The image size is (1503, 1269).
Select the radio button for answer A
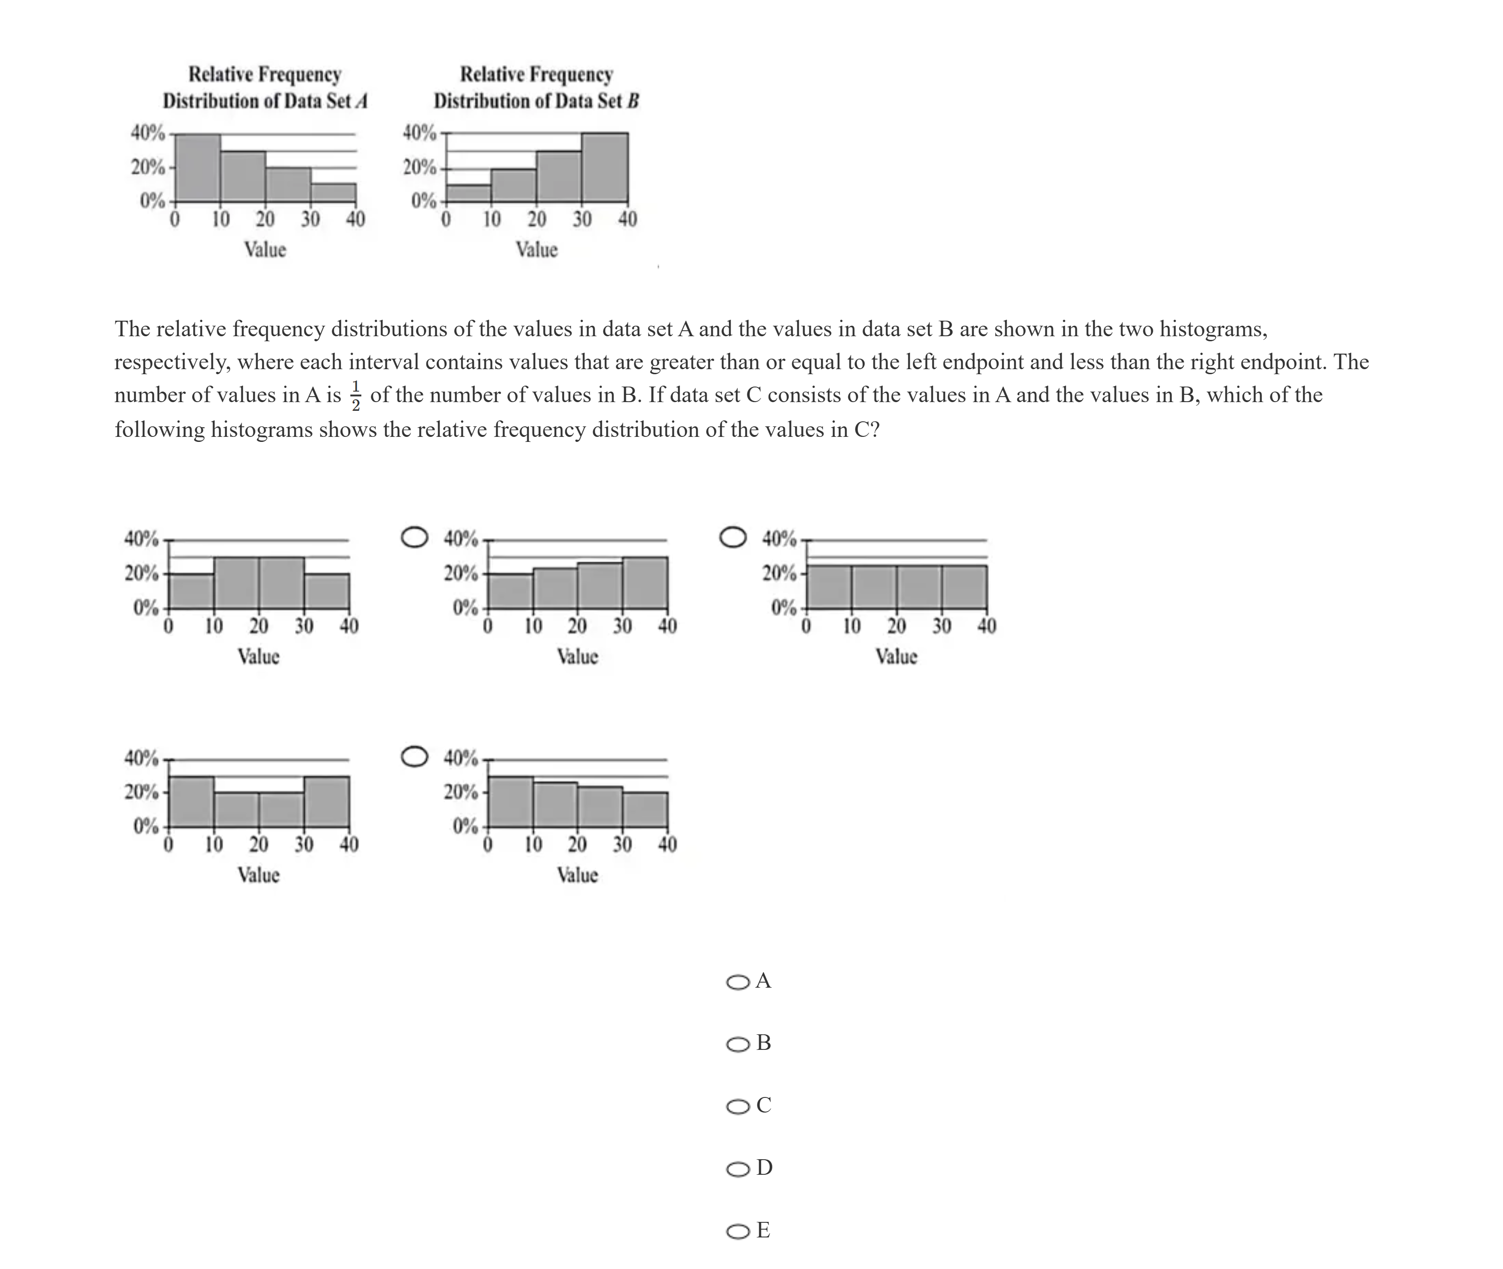(x=738, y=982)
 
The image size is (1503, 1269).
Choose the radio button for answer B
(x=738, y=1044)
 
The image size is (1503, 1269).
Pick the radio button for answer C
(x=738, y=1107)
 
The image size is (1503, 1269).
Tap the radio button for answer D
(x=738, y=1169)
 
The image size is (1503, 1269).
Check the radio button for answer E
(x=738, y=1231)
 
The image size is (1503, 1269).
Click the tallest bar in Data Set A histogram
(x=198, y=167)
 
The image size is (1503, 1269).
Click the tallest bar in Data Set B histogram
(x=605, y=167)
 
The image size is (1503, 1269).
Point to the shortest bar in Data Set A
(x=333, y=192)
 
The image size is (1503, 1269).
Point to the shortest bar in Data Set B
(x=469, y=193)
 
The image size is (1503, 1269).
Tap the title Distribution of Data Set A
(x=265, y=101)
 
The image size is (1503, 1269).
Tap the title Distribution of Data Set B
(x=536, y=101)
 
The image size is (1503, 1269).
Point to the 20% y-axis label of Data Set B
(x=419, y=167)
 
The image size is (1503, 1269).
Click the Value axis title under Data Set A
(x=265, y=250)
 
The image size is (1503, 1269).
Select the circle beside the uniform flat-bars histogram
(x=733, y=538)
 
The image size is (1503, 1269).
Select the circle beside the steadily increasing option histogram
(x=414, y=538)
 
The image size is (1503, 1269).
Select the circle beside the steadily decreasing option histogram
(x=414, y=756)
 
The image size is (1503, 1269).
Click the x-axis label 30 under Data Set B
(x=582, y=219)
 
